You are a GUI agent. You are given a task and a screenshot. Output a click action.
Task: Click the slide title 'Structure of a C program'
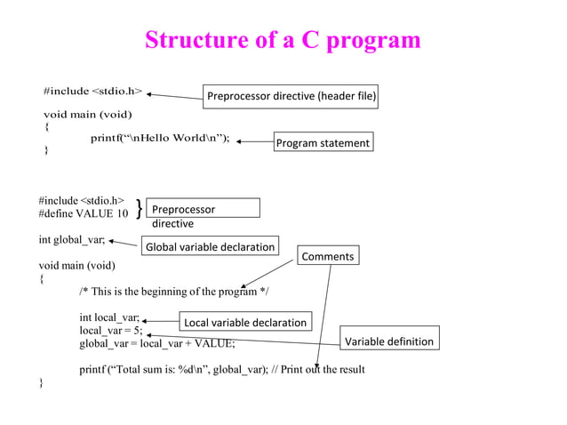click(x=283, y=40)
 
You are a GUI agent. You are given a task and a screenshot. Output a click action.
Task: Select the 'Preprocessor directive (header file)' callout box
click(x=291, y=96)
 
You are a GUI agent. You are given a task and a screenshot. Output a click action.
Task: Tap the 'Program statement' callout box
click(x=322, y=142)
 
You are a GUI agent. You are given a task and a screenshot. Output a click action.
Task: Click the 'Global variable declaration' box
click(x=211, y=246)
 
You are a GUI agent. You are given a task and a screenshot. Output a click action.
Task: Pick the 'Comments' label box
click(x=328, y=257)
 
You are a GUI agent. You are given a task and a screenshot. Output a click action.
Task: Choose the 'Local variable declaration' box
click(x=244, y=322)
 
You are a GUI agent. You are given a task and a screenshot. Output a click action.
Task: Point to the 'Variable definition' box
click(x=389, y=341)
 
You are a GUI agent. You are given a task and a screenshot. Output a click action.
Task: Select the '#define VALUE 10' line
click(x=84, y=213)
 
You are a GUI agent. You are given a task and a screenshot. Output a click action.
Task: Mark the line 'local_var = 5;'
click(x=110, y=330)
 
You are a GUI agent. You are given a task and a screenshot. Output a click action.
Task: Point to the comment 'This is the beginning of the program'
click(x=174, y=292)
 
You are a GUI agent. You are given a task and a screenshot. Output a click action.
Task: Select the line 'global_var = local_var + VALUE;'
click(x=157, y=343)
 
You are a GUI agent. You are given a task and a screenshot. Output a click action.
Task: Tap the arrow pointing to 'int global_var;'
click(x=124, y=242)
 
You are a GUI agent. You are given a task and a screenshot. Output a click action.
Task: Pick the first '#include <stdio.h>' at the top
click(x=93, y=91)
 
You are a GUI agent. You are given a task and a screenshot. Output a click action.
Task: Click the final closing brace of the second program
click(x=41, y=382)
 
